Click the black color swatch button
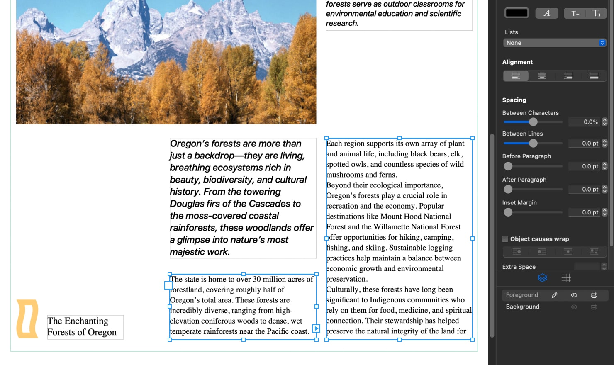pos(517,13)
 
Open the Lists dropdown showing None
pos(555,43)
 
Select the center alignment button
pos(542,75)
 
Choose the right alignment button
pos(568,75)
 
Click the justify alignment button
pos(594,75)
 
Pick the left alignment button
pos(516,75)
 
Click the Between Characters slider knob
pos(533,122)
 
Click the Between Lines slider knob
pos(533,143)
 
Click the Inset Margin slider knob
pos(508,212)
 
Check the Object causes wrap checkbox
pos(505,239)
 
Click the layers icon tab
pos(542,278)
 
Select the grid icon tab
pos(566,278)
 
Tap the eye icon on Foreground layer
pos(574,295)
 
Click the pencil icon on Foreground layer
pos(554,295)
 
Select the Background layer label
pos(522,307)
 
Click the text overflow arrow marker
pos(316,328)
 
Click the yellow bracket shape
pos(27,318)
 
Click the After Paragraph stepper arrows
pos(604,189)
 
